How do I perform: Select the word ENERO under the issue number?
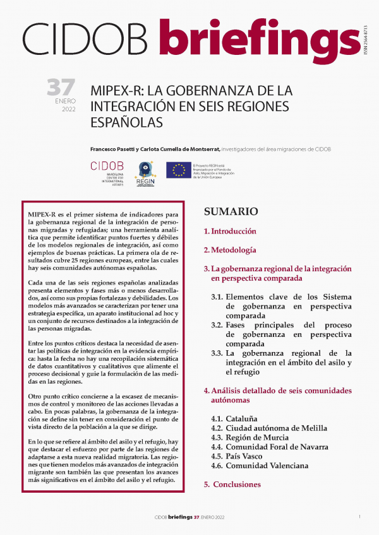[x=63, y=100]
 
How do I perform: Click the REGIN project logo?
[x=147, y=172]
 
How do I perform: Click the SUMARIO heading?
[x=231, y=211]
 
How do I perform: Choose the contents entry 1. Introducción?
[x=230, y=231]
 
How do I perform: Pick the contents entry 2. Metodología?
[x=229, y=250]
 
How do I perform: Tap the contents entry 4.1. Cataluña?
[x=235, y=418]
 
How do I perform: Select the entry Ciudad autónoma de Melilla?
[x=269, y=428]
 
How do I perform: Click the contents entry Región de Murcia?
[x=250, y=437]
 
